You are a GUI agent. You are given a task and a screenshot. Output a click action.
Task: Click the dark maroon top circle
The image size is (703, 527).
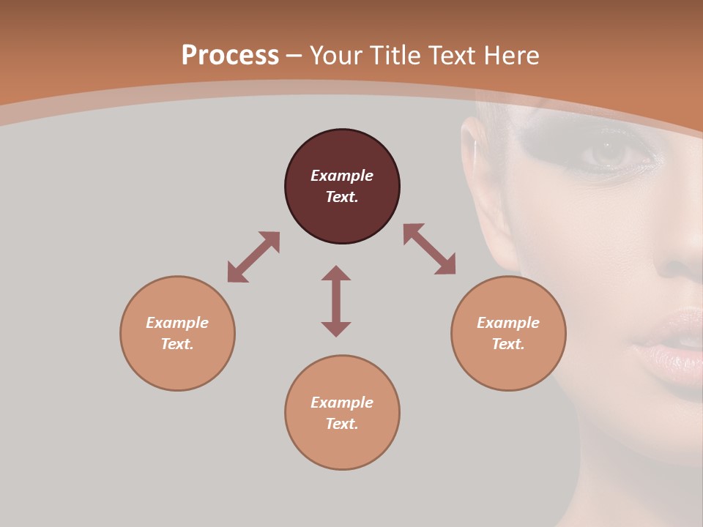click(x=342, y=187)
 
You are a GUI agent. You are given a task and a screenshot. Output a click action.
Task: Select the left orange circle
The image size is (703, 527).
click(x=177, y=333)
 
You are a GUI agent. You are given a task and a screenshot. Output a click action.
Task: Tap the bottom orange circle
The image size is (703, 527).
click(x=342, y=413)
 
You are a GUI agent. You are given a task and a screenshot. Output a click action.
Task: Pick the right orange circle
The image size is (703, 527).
click(x=508, y=333)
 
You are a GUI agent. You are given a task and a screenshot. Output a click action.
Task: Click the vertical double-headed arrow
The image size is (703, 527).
click(x=336, y=301)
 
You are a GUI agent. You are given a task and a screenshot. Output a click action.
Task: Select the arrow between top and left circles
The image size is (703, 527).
click(x=253, y=257)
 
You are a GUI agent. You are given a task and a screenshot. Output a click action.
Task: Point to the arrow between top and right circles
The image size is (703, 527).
click(x=429, y=249)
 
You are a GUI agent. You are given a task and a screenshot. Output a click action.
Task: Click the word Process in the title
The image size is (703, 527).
click(x=230, y=56)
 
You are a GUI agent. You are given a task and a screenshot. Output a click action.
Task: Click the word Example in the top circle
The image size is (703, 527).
click(x=342, y=176)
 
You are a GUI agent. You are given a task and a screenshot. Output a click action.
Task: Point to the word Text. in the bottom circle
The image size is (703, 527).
click(x=342, y=424)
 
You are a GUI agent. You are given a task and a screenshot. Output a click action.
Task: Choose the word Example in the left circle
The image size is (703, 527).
click(x=177, y=323)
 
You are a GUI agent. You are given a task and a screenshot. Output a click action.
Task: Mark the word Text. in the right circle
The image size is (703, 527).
click(x=508, y=344)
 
